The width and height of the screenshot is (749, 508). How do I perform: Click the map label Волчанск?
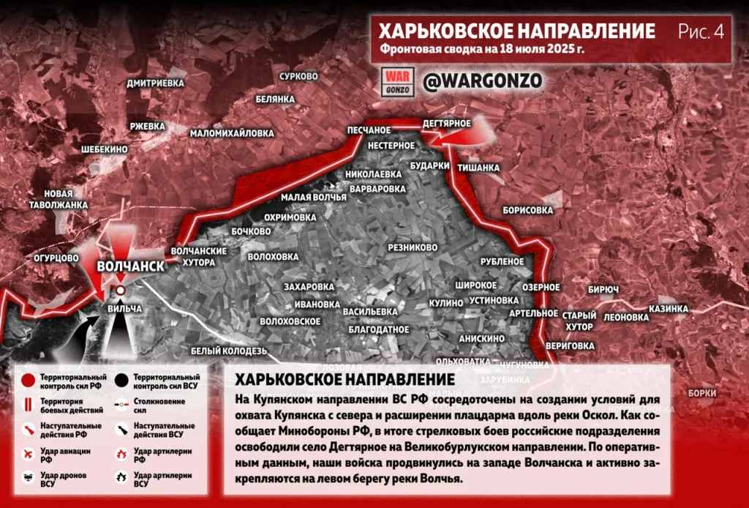[130, 266]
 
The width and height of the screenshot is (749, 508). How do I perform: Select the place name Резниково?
[413, 247]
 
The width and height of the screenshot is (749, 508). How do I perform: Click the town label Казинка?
[668, 309]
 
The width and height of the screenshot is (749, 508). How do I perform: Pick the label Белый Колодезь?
[229, 351]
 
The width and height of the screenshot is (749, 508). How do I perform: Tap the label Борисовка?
[527, 210]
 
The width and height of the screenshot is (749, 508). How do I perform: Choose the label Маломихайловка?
[232, 133]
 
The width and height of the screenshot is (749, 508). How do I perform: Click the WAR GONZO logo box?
[399, 81]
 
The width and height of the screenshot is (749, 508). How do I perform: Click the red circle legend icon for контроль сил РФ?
[27, 380]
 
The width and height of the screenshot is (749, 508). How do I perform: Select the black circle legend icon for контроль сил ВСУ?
[120, 380]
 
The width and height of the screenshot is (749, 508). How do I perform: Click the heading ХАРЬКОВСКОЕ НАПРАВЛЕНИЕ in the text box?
[344, 381]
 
